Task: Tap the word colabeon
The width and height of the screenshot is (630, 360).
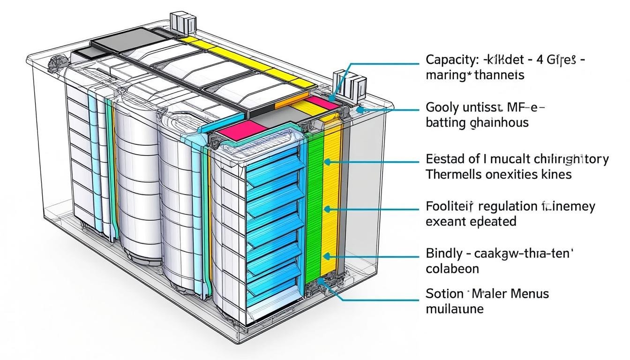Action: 452,269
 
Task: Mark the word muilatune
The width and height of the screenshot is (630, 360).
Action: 454,309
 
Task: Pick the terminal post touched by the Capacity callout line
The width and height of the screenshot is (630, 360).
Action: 345,84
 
